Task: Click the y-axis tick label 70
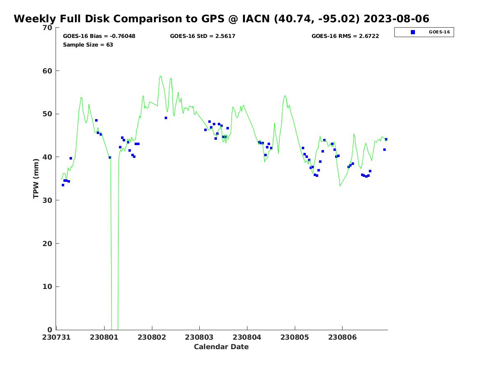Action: tap(47, 28)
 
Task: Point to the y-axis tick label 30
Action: tap(47, 200)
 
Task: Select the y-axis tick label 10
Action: tap(47, 287)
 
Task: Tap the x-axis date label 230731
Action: tap(56, 338)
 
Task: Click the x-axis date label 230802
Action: tap(151, 338)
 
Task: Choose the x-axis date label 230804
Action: tap(247, 338)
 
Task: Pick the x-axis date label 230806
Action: tap(343, 338)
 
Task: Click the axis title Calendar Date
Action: tap(221, 347)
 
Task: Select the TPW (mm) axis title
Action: tap(36, 178)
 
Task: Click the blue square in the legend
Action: tap(413, 32)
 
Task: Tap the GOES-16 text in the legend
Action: tap(439, 32)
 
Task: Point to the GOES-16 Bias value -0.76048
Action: tap(123, 36)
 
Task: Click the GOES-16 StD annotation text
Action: tap(203, 36)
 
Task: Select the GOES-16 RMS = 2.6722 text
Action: tap(345, 36)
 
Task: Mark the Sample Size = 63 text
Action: tap(88, 45)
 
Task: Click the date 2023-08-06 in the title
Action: tap(396, 19)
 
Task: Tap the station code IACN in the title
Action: tap(256, 19)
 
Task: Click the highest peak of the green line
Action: tap(160, 76)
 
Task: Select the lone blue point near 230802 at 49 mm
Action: tap(166, 118)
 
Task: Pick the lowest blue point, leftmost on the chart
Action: tap(63, 185)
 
